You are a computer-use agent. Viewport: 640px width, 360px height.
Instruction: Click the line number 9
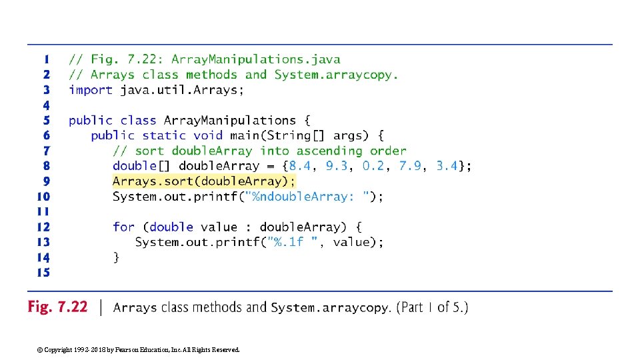[x=47, y=181]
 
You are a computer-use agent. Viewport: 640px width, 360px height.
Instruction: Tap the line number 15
[x=43, y=273]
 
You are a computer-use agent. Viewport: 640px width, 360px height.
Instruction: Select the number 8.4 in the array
[x=299, y=166]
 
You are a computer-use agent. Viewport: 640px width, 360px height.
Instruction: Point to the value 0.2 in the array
[x=373, y=166]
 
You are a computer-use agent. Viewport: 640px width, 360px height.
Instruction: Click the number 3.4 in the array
[x=447, y=166]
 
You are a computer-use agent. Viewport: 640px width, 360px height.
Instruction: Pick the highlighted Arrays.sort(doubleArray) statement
[x=203, y=181]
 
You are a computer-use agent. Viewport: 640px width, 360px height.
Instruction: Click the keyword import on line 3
[x=90, y=90]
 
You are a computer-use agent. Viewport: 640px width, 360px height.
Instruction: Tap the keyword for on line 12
[x=123, y=227]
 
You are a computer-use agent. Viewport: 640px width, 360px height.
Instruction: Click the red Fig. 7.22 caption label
[x=57, y=307]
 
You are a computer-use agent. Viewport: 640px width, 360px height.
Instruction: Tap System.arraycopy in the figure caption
[x=330, y=308]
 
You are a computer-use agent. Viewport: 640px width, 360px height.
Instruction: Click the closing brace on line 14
[x=116, y=257]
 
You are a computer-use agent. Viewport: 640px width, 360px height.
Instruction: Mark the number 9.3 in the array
[x=337, y=166]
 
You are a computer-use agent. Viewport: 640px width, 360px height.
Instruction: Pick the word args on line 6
[x=347, y=135]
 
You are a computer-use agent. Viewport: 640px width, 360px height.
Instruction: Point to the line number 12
[x=43, y=227]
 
